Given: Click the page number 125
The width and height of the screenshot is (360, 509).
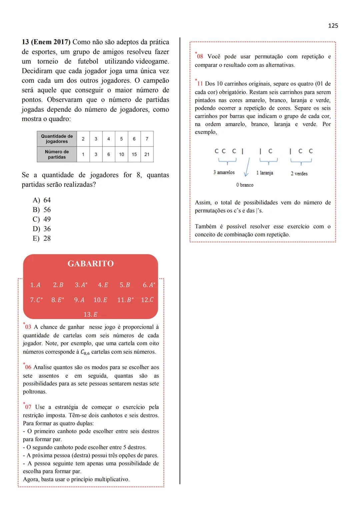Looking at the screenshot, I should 333,26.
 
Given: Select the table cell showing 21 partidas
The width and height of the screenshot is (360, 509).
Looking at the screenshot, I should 147,154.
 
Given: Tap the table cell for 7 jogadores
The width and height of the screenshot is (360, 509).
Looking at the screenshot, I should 147,139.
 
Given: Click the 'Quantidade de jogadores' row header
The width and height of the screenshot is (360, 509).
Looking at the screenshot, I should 57,139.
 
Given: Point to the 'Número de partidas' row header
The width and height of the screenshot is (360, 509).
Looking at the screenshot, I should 57,154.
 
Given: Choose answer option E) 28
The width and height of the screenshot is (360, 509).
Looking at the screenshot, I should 42,238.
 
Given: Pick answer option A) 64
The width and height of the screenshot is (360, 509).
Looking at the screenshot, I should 42,200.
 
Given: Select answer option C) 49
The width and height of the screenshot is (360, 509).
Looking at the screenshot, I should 42,219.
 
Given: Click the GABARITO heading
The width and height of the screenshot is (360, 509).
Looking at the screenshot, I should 90,264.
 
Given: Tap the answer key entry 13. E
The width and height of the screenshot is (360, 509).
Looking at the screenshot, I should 90,314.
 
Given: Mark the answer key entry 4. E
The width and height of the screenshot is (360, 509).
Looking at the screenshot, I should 103,285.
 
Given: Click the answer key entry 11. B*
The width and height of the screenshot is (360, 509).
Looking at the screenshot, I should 125,300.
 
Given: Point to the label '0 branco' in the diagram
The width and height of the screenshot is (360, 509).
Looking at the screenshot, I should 245,185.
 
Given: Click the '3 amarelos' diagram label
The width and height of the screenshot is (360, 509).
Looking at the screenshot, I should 224,172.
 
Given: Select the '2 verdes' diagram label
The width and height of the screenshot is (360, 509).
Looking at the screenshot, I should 299,173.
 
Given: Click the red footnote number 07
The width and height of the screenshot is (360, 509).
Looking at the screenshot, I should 28,407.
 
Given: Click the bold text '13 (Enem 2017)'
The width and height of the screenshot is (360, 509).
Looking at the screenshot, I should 46,42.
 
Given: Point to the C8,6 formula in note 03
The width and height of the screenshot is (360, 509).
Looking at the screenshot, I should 85,352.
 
